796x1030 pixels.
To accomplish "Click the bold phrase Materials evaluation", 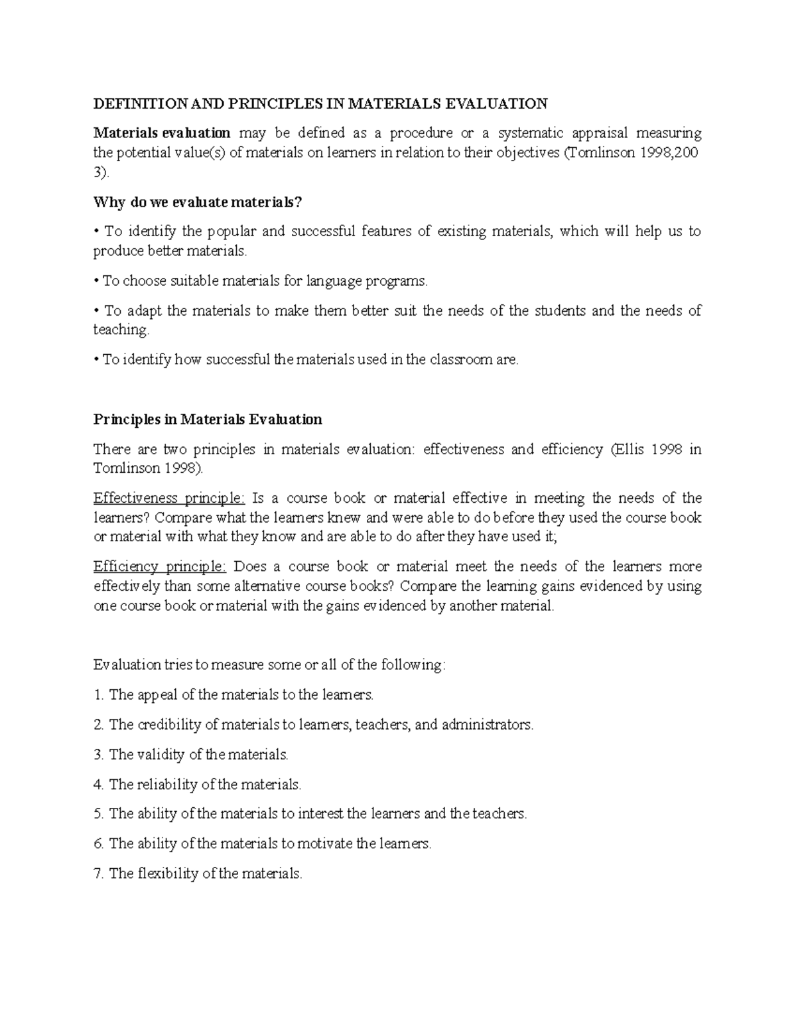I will click(x=162, y=133).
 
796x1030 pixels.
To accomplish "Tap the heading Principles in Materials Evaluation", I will click(x=208, y=419).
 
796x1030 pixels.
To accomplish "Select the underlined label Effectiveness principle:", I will click(x=169, y=498).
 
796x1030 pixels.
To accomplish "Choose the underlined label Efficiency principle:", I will click(x=160, y=566).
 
